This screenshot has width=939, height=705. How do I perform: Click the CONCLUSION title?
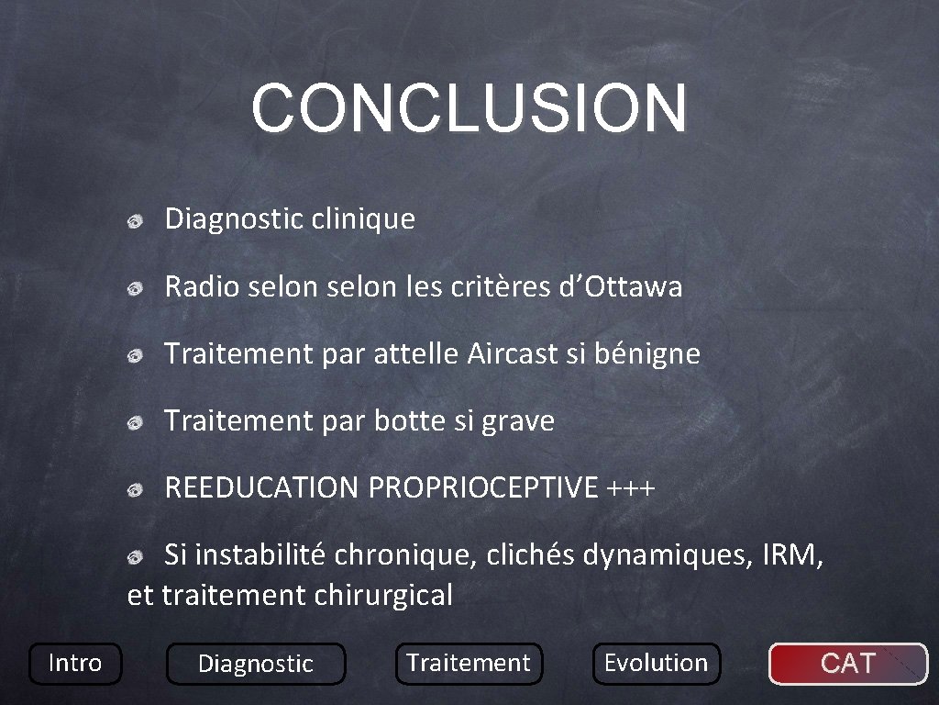pos(469,107)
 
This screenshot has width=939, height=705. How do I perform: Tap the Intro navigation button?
pos(74,663)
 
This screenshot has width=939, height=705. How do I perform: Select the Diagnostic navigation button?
pos(256,664)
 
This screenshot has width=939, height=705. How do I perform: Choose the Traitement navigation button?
pos(469,663)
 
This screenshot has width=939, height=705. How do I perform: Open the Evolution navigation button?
pos(656,663)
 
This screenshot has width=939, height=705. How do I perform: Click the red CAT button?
pos(847,663)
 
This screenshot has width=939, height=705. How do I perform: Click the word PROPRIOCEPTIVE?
pos(482,488)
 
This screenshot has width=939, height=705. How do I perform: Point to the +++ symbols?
pos(631,488)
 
